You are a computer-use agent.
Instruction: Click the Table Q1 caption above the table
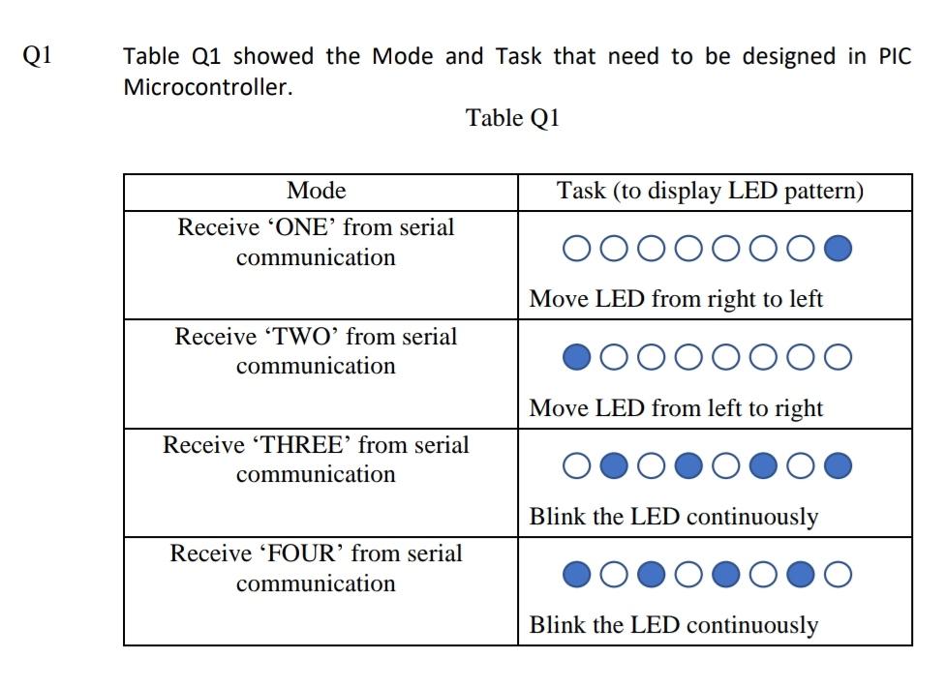coord(512,118)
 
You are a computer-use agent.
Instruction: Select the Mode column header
coord(317,191)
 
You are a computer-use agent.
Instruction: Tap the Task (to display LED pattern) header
coord(710,191)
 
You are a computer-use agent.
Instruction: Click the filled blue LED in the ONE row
coord(839,250)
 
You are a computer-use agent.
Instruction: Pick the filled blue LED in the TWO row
coord(577,358)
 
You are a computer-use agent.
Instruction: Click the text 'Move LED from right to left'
coord(676,299)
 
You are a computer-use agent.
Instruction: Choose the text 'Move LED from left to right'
coord(676,407)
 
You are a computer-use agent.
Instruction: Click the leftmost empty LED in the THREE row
coord(576,467)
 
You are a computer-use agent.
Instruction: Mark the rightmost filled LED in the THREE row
coord(839,467)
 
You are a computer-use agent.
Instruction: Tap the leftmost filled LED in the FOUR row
coord(576,576)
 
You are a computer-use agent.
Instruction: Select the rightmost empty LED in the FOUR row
coord(839,576)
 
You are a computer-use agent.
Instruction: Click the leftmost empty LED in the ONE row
coord(576,250)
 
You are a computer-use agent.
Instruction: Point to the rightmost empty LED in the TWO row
coord(839,358)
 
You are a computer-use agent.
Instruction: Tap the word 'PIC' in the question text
coord(895,56)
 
